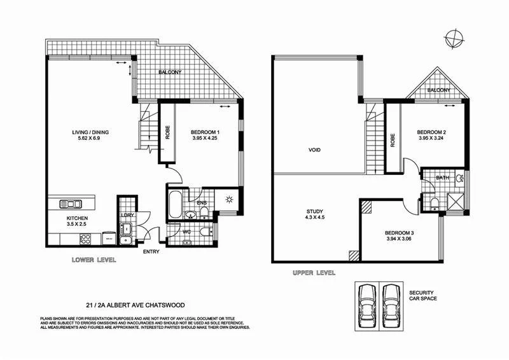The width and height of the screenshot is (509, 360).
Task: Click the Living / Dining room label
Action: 91,135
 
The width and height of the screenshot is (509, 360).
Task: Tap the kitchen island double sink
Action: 70,204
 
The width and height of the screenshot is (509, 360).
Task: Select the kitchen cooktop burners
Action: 85,239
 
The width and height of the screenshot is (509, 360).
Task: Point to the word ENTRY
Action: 151,251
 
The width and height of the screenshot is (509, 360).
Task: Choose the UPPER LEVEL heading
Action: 313,272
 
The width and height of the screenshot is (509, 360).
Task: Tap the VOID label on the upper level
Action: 314,151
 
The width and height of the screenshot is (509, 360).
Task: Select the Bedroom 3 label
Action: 400,235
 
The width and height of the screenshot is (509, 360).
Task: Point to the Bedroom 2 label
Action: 432,135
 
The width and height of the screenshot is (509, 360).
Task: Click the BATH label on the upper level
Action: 443,177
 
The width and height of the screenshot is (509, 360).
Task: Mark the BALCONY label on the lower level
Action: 170,72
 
